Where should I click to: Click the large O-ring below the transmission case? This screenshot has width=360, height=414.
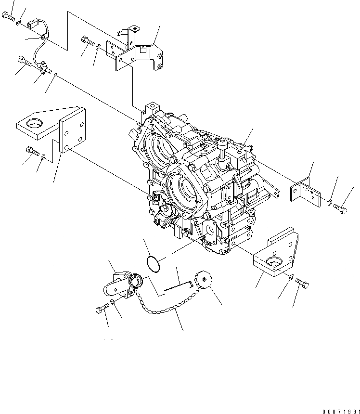click(x=153, y=264)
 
